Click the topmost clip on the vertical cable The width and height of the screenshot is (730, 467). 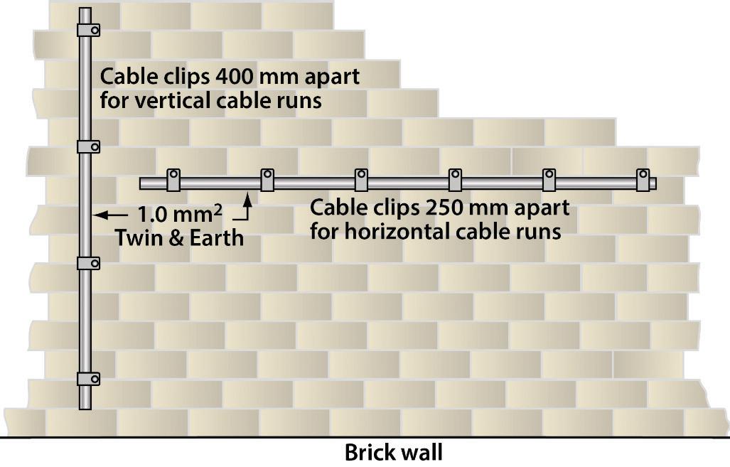(x=87, y=30)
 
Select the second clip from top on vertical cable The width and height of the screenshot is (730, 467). (x=87, y=146)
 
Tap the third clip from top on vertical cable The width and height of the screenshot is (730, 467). (x=87, y=263)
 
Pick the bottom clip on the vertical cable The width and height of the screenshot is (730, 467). (x=87, y=378)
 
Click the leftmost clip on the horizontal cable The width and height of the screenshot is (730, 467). (x=173, y=181)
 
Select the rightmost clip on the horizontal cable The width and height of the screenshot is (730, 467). (x=643, y=181)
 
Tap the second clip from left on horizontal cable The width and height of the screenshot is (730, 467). (x=267, y=181)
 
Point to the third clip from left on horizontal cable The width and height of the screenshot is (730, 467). (x=361, y=181)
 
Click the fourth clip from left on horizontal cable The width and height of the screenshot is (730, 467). (x=455, y=181)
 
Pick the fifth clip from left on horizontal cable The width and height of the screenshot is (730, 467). (x=549, y=181)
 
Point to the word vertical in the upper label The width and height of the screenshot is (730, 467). (x=170, y=100)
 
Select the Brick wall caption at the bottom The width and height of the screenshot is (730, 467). (x=393, y=452)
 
